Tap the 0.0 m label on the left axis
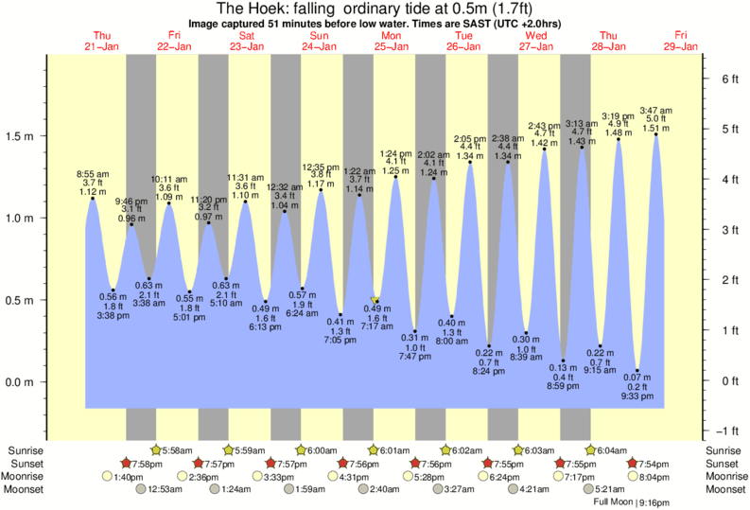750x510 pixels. click(x=22, y=382)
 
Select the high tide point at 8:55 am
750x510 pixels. click(x=93, y=198)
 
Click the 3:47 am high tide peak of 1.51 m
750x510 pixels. click(x=656, y=134)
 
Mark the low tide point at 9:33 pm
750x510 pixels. click(x=638, y=371)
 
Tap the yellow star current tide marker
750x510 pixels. click(x=375, y=300)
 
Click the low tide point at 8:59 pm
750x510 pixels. click(x=564, y=361)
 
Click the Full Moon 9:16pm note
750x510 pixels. click(x=632, y=501)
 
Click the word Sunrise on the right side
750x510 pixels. click(x=724, y=449)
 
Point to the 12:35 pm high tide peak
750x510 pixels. click(x=322, y=190)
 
